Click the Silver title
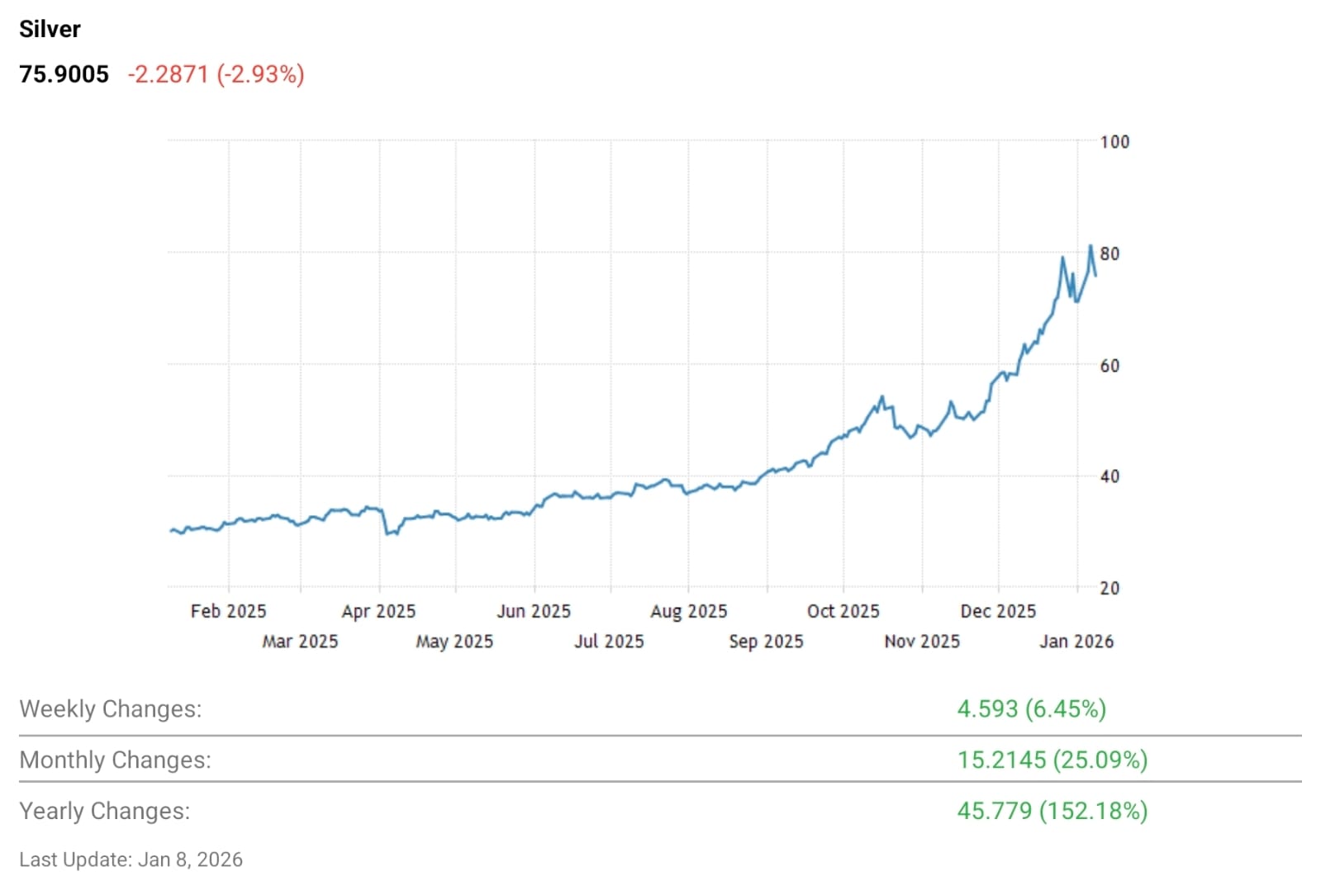50,29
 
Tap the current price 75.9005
64,74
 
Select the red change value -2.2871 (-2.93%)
216,74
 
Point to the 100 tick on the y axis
1114,142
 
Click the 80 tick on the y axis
1109,253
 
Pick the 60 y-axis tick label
1109,365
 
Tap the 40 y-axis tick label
1109,476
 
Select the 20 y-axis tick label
1109,588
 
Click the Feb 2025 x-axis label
228,611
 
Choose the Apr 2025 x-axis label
378,611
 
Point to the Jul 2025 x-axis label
609,642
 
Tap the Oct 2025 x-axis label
843,611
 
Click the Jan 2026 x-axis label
1076,642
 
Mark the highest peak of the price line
1091,246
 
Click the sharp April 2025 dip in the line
387,533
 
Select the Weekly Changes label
110,709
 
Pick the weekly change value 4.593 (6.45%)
1031,709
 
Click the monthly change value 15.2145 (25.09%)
1052,760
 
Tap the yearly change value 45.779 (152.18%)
1052,811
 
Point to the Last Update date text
131,860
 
